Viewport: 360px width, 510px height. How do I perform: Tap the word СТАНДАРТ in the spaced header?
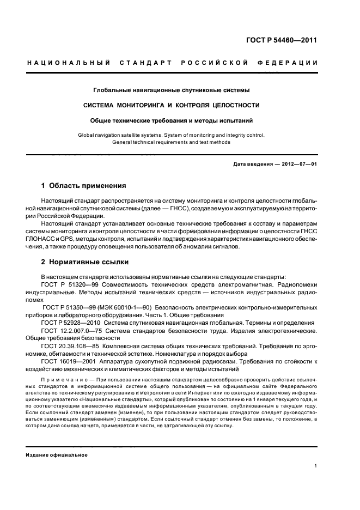tap(145, 63)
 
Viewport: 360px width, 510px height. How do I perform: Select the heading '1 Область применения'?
tap(84, 185)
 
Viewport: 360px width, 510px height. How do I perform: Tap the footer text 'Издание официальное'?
tap(57, 455)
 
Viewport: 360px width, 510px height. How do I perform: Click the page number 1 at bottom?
tap(316, 465)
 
